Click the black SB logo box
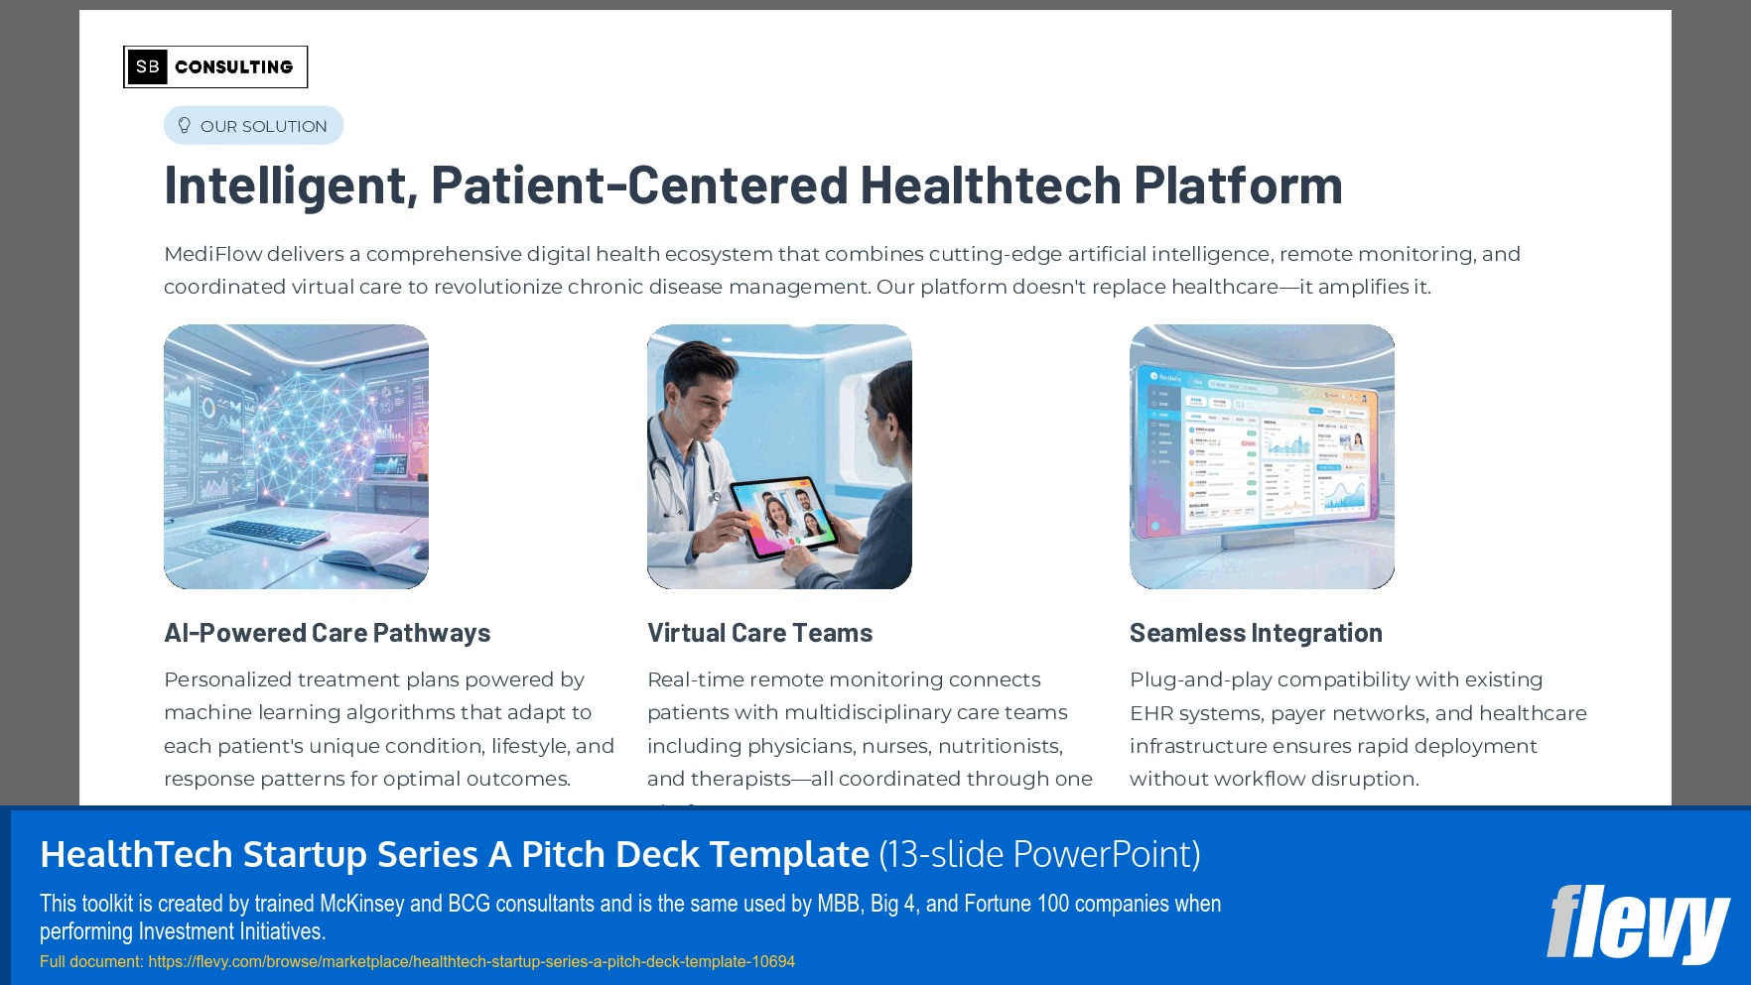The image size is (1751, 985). click(x=147, y=66)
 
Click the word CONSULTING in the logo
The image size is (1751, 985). click(x=234, y=67)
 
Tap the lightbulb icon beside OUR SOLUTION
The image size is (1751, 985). click(x=184, y=125)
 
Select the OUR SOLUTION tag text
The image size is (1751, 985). click(x=263, y=126)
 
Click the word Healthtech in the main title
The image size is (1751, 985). click(x=990, y=185)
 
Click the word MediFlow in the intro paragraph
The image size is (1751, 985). click(x=212, y=254)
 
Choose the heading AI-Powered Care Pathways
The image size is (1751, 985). click(x=327, y=633)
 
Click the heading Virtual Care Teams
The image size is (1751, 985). click(x=759, y=633)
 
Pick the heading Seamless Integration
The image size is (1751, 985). click(x=1256, y=633)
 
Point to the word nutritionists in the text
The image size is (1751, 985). click(x=1000, y=746)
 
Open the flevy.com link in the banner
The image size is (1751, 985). click(x=471, y=961)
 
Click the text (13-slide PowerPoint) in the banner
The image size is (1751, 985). click(x=1039, y=854)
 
